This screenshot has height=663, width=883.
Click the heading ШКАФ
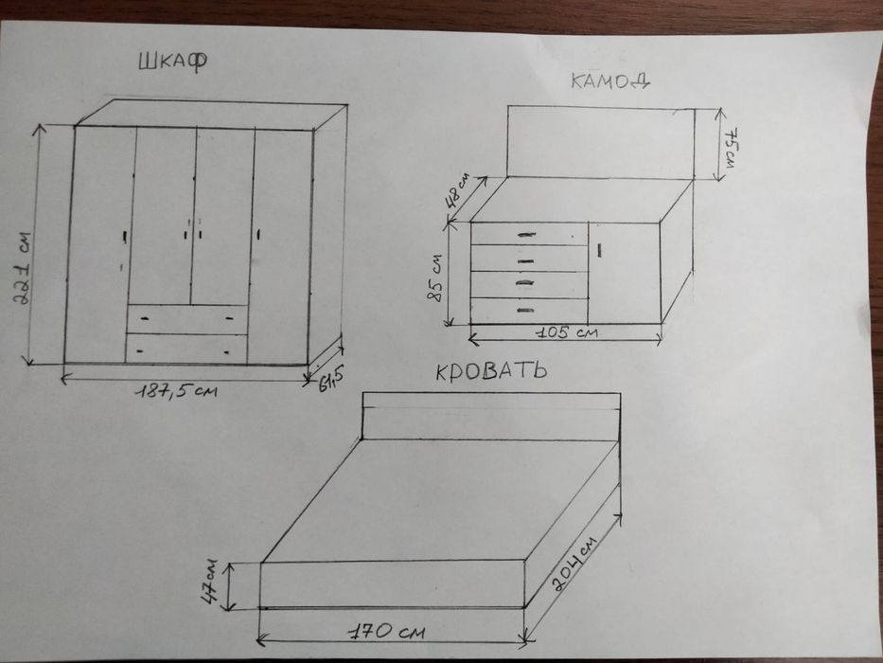[x=173, y=61]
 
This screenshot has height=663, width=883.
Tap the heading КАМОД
[x=610, y=81]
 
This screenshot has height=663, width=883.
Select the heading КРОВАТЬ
[x=491, y=371]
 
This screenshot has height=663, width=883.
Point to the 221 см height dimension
[x=25, y=268]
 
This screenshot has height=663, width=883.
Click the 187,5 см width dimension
[x=176, y=389]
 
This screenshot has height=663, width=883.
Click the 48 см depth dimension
[x=457, y=191]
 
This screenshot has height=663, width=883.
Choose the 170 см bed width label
[x=386, y=632]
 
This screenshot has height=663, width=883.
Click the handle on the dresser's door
[x=600, y=250]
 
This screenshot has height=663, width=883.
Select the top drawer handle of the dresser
[x=526, y=235]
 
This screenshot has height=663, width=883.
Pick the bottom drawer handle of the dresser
[x=524, y=310]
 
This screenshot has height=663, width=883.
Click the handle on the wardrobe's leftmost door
[x=125, y=237]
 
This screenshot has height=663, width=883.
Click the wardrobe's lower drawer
[x=186, y=349]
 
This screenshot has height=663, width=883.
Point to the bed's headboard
[x=491, y=416]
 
